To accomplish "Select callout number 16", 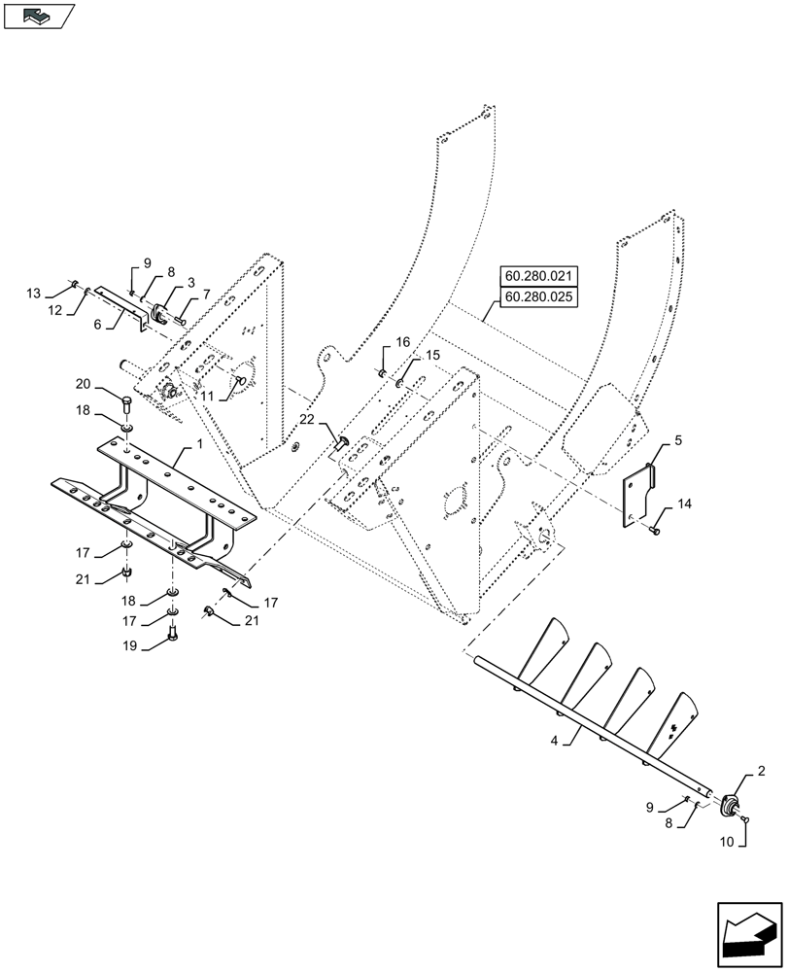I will [402, 342].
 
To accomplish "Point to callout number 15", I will [431, 356].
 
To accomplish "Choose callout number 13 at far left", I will [34, 293].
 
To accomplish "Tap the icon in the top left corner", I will [39, 16].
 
